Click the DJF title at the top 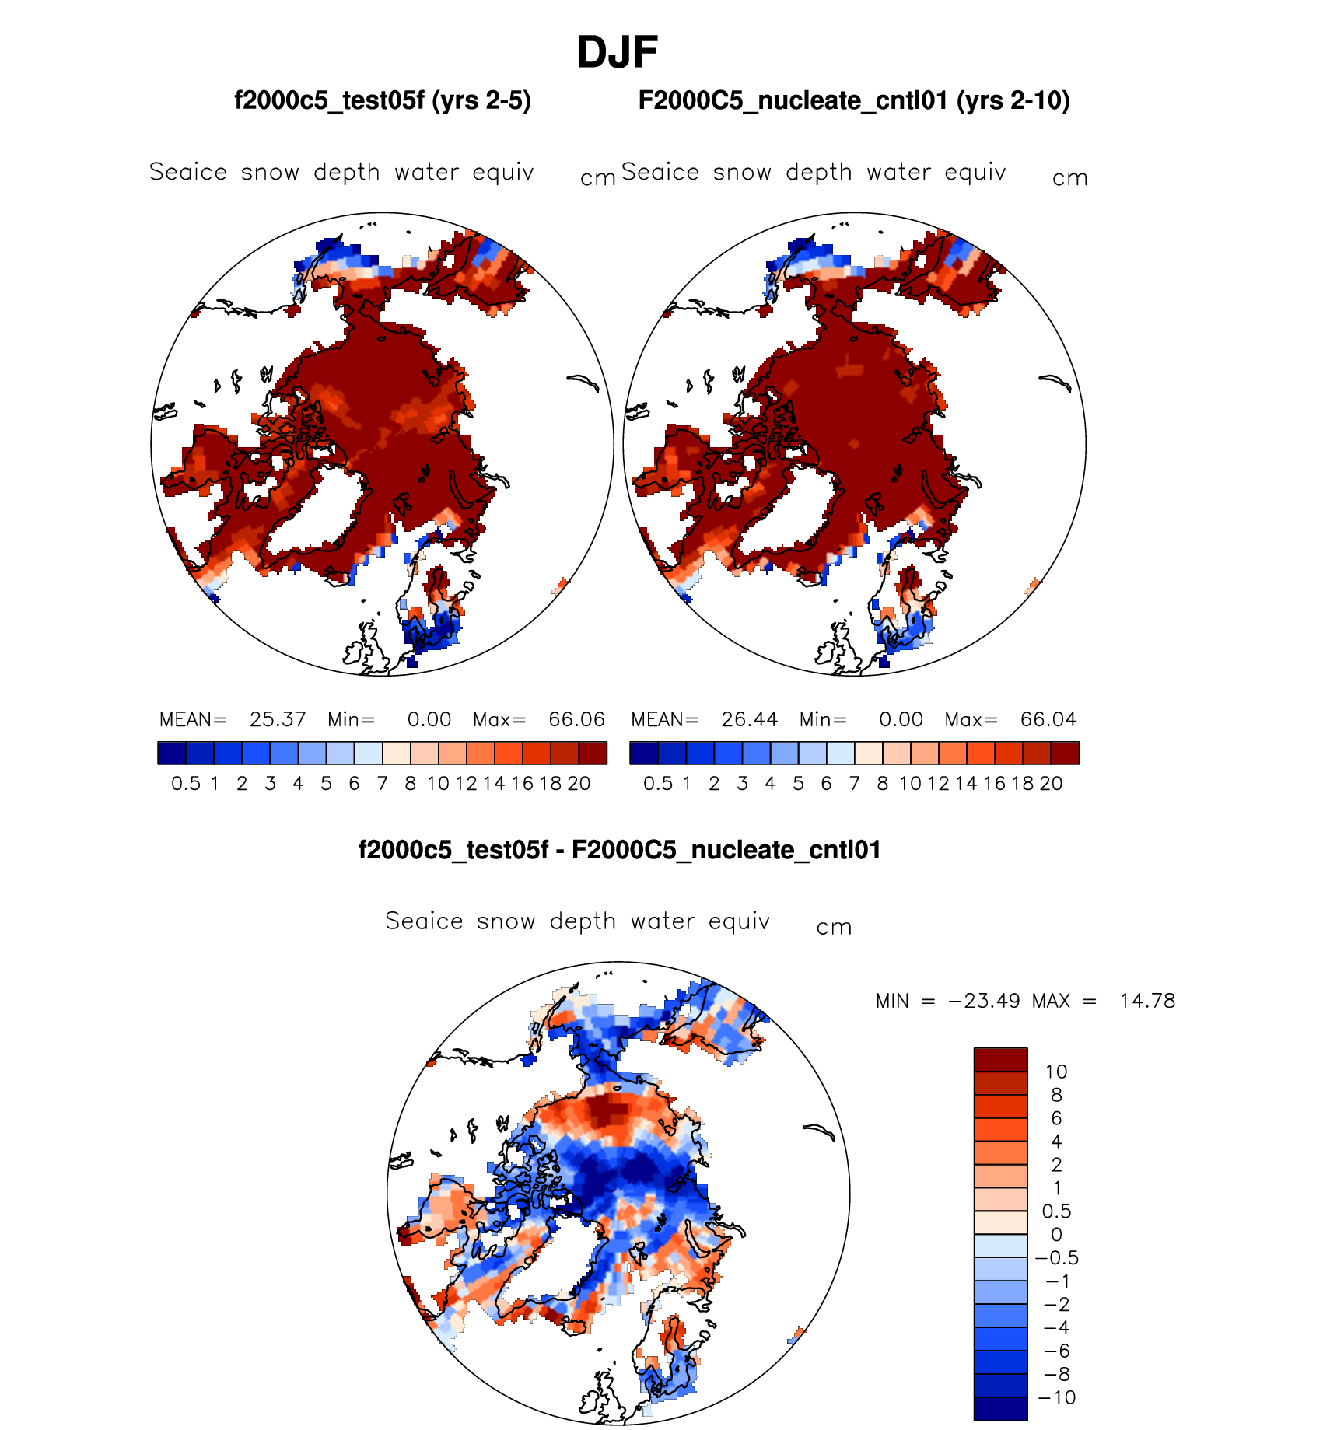tap(618, 53)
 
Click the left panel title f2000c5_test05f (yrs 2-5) tap(383, 101)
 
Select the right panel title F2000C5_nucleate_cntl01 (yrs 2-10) tap(854, 101)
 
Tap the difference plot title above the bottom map tap(619, 850)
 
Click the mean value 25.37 tap(278, 719)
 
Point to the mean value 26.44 tap(749, 719)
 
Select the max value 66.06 tap(576, 719)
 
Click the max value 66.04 tap(1048, 719)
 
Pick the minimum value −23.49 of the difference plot tap(983, 1001)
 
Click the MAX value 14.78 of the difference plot tap(1147, 1001)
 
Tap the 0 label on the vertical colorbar tap(1056, 1235)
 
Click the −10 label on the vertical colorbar tap(1057, 1398)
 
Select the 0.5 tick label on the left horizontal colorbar tap(186, 784)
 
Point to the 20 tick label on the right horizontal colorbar tap(1051, 784)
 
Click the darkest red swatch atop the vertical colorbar tap(1000, 1060)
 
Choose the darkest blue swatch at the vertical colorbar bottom tap(1000, 1409)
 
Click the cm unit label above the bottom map tap(834, 928)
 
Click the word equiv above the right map tap(975, 172)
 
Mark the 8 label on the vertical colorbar tap(1056, 1095)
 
